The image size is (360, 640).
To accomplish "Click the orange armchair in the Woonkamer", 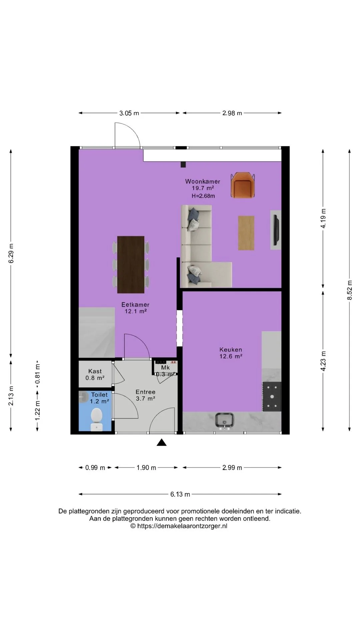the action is coord(243,185).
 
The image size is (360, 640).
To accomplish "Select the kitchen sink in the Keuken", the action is coord(225,421).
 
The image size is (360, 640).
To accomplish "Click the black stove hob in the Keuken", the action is coord(272,397).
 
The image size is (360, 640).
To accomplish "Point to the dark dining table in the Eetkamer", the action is coord(131,265).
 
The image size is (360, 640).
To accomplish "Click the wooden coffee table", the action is coord(246,233).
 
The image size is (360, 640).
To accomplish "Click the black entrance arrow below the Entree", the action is coord(162,442).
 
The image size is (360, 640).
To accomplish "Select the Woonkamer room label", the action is coord(203,181).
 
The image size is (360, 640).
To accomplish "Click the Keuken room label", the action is coord(231,350).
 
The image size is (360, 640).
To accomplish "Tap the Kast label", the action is coord(95,371).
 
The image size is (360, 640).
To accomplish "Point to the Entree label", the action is coord(145,392).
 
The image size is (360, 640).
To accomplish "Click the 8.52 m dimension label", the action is coord(350,290).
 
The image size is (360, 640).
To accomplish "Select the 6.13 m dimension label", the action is coord(180,494).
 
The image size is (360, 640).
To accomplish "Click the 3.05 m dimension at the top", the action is coord(129,113).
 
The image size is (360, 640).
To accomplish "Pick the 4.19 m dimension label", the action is coord(323,218).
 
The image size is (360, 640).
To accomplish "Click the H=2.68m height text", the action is coord(203,196).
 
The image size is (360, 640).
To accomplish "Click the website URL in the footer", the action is coord(182,526).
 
